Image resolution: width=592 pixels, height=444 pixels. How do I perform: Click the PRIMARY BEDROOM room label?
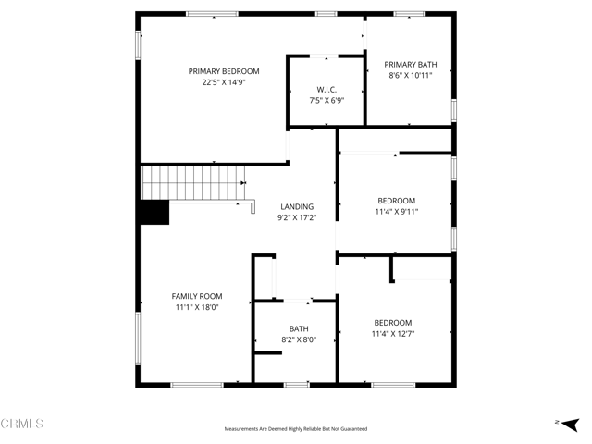click(224, 71)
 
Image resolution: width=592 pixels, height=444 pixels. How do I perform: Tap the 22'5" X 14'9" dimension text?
click(224, 82)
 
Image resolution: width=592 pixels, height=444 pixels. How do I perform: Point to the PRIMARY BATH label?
click(411, 65)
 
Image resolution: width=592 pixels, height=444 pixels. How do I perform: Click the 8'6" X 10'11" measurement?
click(411, 76)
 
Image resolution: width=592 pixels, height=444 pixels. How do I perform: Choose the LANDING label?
click(297, 207)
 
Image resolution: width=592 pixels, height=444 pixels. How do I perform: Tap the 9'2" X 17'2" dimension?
click(297, 218)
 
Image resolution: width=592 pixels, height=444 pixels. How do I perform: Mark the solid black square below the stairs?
click(154, 213)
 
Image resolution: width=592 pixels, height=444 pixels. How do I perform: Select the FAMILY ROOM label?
click(197, 297)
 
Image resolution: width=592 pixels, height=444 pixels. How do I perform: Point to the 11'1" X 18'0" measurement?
click(197, 308)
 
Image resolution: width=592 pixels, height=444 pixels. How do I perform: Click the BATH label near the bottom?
click(299, 329)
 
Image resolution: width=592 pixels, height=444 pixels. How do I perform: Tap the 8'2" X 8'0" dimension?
click(299, 340)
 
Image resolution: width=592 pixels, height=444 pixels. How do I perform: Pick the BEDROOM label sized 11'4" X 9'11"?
click(397, 201)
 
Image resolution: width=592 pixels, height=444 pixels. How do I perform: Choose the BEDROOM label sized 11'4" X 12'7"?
click(393, 323)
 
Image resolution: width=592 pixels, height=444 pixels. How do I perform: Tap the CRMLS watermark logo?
click(22, 424)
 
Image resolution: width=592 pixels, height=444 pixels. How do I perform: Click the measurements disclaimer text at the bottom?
click(296, 429)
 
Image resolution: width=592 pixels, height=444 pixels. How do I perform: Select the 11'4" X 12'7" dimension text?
click(393, 334)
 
